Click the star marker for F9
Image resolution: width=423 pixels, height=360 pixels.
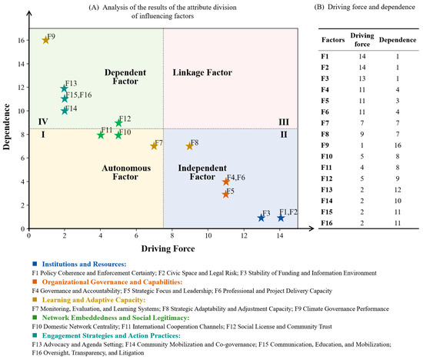coord(45,40)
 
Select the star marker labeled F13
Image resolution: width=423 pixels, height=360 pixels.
coord(64,88)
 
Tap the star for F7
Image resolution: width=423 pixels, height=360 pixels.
coord(154,146)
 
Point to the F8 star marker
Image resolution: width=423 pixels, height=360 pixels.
coord(189,146)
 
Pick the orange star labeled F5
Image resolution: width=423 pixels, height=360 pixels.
coord(225,194)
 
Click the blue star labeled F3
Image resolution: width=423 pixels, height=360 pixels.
coord(261,218)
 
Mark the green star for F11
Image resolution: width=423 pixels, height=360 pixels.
coord(101,135)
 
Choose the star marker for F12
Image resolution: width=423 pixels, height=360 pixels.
coord(118,123)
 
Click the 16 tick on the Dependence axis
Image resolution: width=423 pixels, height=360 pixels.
coord(22,40)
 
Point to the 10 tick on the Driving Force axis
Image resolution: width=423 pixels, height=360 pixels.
coord(208,235)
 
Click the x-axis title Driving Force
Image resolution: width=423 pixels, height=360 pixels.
coord(168,248)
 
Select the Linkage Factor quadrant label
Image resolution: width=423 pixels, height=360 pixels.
coord(202,72)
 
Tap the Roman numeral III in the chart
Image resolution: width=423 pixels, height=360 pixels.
coord(284,122)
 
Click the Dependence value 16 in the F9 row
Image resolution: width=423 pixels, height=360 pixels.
coord(398,145)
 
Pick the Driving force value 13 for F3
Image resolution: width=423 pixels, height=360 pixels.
coord(362,78)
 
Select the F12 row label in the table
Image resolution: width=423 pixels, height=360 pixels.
coord(326,178)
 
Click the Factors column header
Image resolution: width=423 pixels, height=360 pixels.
coord(333,40)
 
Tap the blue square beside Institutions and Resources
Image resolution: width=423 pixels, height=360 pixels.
coord(35,264)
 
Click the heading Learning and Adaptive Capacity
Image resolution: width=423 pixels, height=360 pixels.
coord(94,300)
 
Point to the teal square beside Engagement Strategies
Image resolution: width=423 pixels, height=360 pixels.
coord(35,335)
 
